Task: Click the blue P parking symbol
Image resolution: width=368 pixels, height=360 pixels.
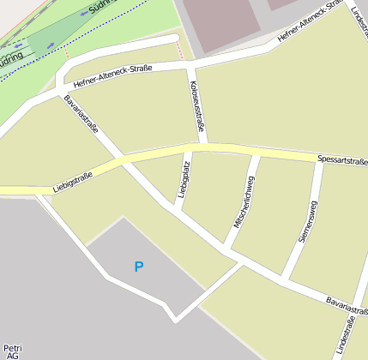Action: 139,267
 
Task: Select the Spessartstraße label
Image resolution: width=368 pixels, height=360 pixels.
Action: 341,159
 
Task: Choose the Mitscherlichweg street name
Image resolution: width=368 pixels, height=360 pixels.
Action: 244,201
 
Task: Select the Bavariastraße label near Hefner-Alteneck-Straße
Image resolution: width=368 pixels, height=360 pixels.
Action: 81,114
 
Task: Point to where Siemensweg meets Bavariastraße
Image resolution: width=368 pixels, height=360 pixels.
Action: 286,279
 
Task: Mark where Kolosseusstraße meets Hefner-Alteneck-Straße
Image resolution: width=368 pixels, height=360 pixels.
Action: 190,64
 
